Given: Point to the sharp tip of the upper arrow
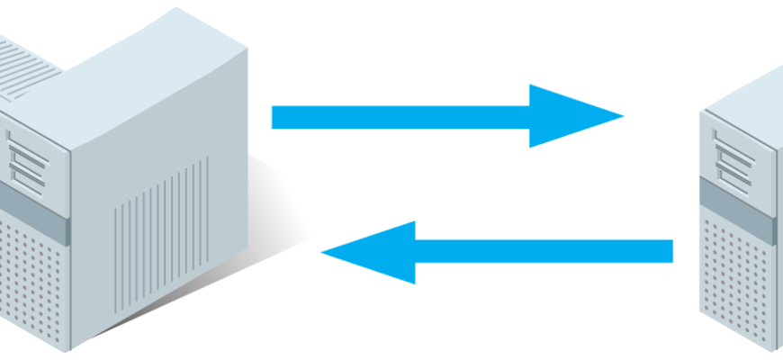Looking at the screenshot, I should point(622,116).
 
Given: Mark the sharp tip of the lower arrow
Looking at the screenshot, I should point(322,252).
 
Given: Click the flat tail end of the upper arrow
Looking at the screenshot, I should point(274,117).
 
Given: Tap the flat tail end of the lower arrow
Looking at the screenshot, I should point(671,251).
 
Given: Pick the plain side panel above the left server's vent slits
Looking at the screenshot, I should point(162,126).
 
